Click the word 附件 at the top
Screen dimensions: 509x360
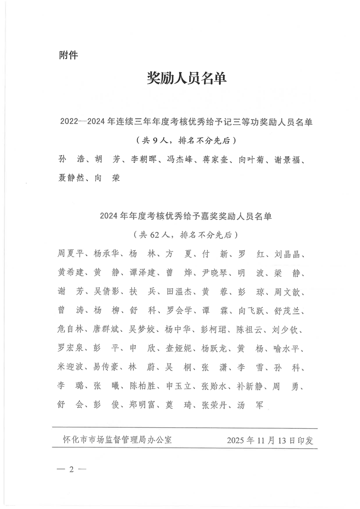click(x=69, y=55)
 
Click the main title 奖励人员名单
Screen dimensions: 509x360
click(x=187, y=78)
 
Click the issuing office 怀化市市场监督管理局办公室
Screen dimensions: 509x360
click(x=117, y=440)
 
